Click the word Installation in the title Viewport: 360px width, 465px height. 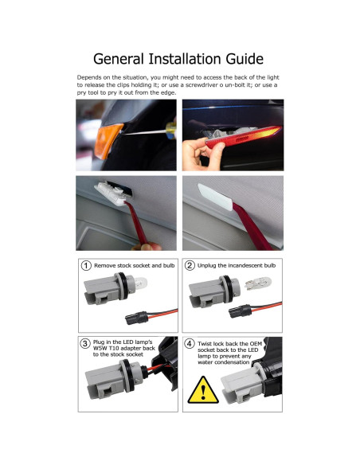pos(178,59)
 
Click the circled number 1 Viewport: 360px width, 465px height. pos(85,265)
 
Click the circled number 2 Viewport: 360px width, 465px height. pos(190,265)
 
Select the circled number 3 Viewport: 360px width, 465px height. pos(85,343)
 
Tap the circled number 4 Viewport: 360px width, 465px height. pos(190,343)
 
